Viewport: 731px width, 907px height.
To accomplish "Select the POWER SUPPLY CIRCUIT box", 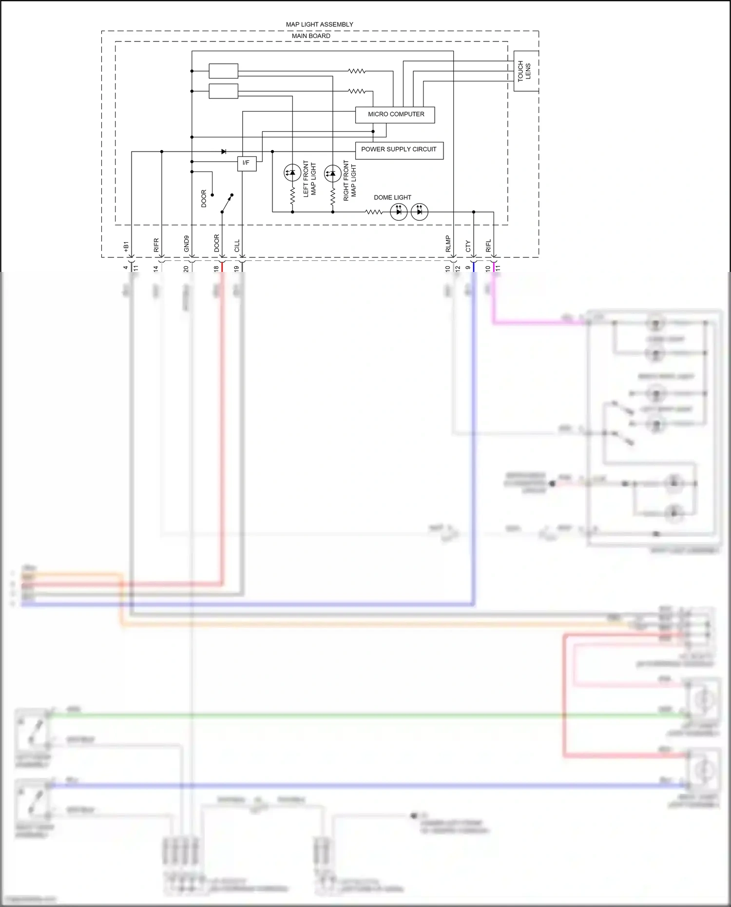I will point(399,150).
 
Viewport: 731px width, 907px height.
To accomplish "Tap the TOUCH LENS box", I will point(525,71).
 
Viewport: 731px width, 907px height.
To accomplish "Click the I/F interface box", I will point(246,163).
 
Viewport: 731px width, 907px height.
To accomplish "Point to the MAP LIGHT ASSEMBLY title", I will point(319,24).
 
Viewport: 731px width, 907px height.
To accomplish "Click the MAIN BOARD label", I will point(311,36).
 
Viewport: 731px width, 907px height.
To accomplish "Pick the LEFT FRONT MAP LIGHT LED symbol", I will point(292,173).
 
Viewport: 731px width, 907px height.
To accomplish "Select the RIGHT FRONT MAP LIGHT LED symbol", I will point(332,173).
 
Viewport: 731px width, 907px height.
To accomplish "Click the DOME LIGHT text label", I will point(392,197).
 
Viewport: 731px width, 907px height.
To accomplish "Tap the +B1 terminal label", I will point(126,247).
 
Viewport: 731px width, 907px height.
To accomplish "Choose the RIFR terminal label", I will point(156,245).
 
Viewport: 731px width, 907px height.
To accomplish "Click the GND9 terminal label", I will point(187,244).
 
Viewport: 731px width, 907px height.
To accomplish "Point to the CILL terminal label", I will point(237,246).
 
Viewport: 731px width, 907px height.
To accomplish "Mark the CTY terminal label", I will point(468,246).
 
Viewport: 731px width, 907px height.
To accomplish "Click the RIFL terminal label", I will point(489,246).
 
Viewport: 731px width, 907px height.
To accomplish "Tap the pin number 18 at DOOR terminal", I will point(216,268).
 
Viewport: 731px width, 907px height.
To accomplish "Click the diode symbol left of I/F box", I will point(224,152).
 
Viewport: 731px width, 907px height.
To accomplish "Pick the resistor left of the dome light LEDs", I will point(374,212).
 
